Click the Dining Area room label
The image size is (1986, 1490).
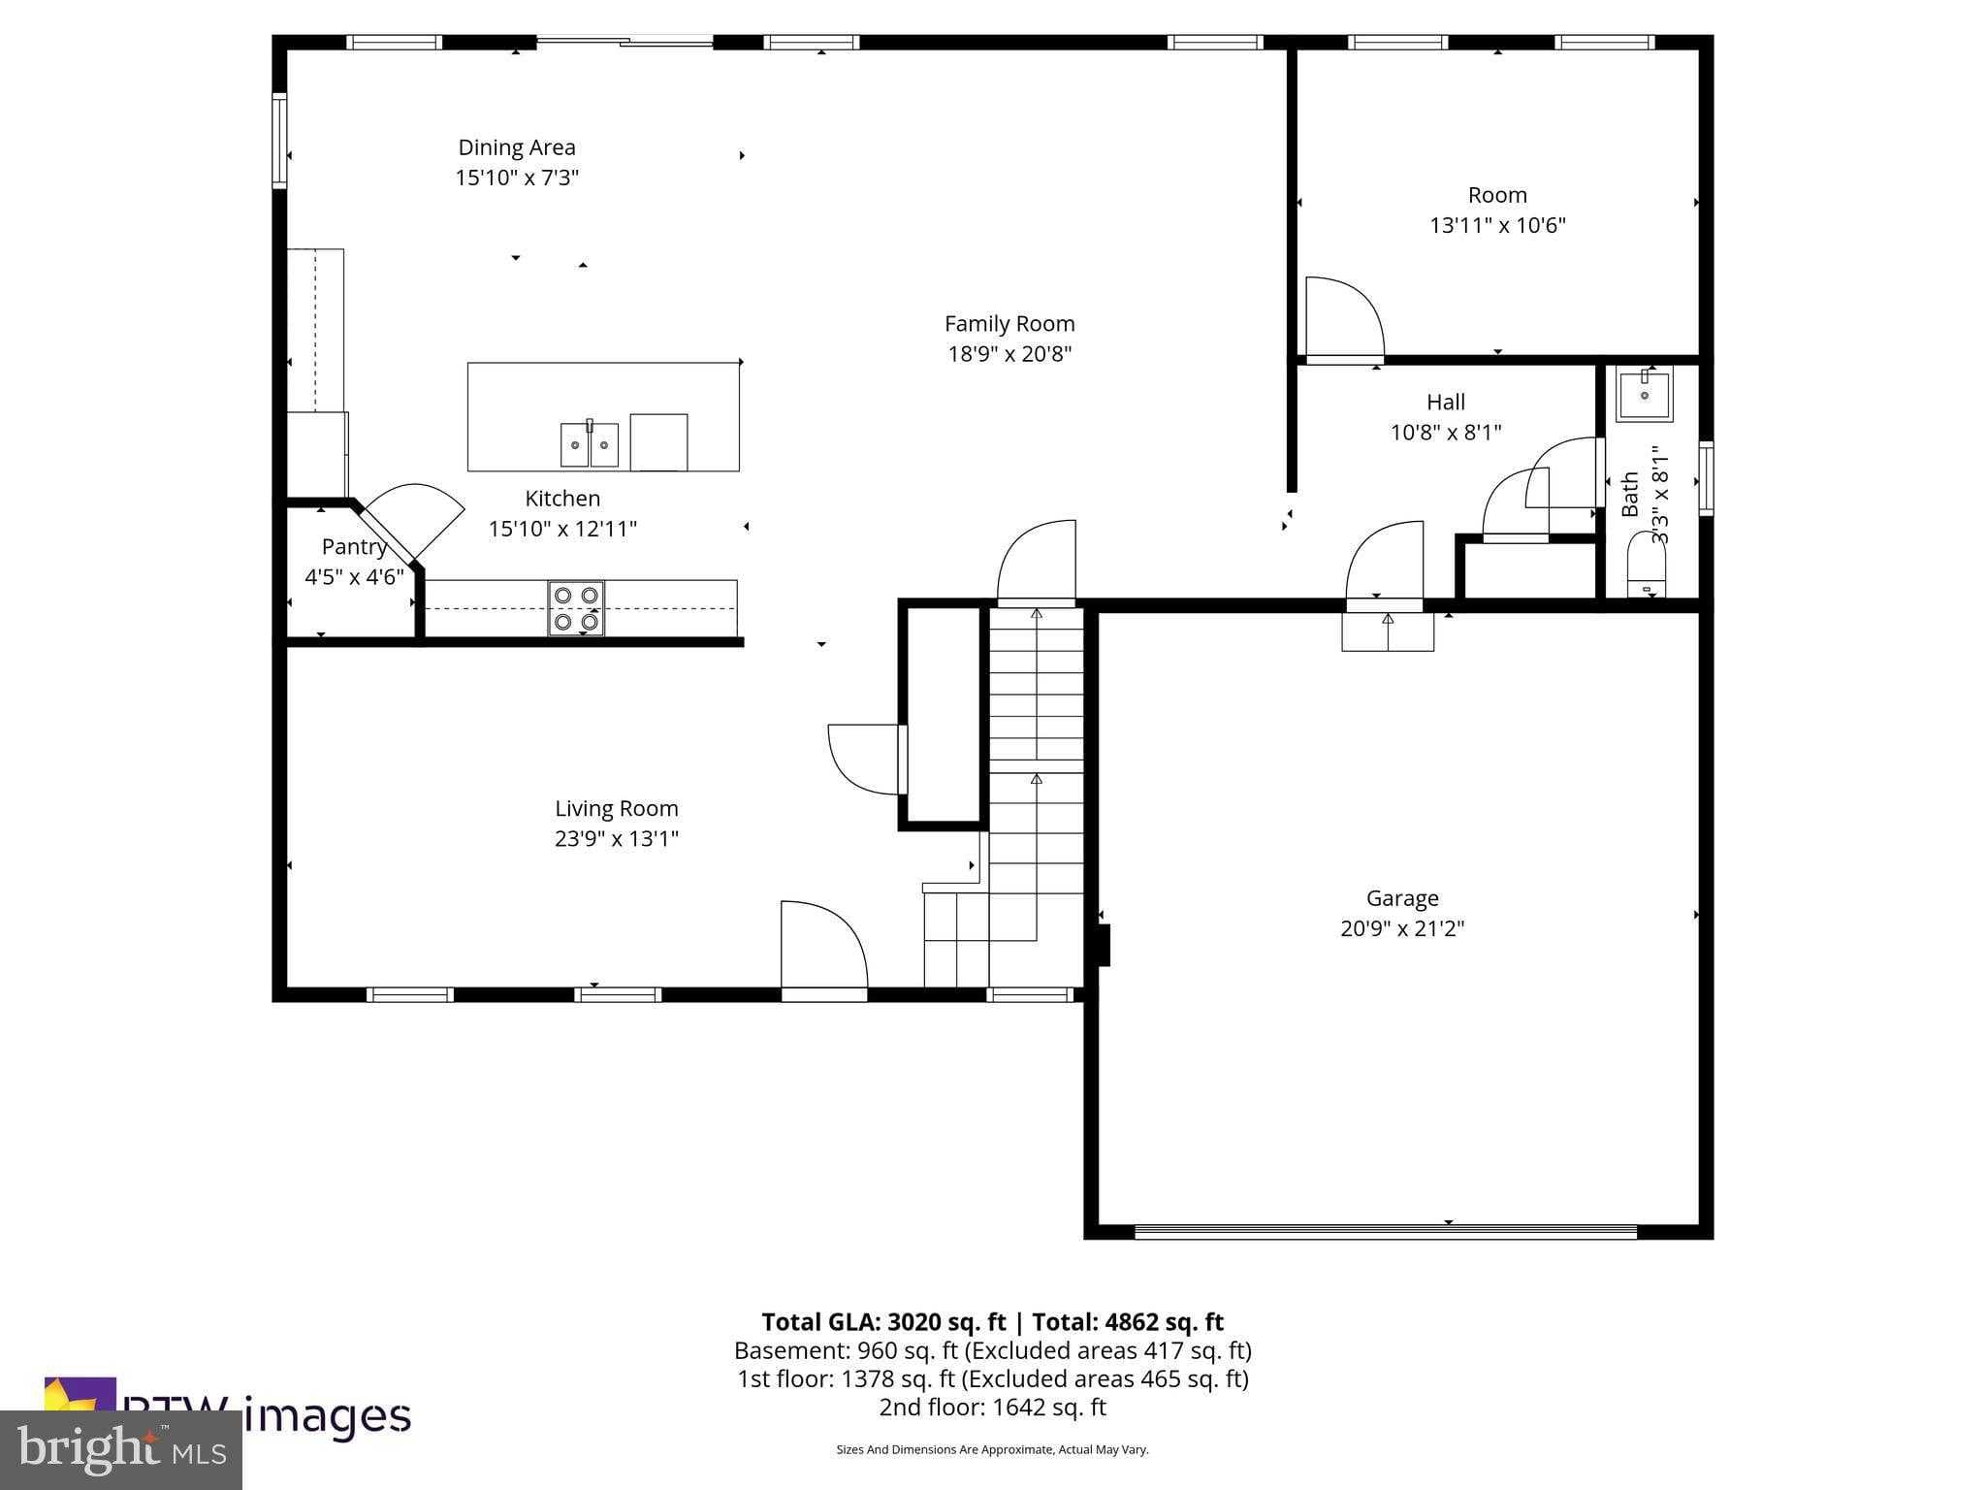click(516, 147)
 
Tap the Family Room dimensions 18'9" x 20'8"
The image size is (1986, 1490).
click(1009, 354)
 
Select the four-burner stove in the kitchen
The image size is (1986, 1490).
click(576, 608)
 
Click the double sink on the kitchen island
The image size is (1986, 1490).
click(589, 444)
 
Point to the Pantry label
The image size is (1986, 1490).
click(353, 547)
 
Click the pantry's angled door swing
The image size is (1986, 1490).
click(415, 518)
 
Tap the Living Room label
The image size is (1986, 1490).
click(616, 808)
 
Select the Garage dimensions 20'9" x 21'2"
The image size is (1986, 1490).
click(1401, 928)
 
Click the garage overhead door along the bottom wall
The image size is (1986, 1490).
click(1385, 1232)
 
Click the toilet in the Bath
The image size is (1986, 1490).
click(1645, 567)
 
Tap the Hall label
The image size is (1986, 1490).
click(1445, 402)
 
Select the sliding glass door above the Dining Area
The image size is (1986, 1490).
click(625, 42)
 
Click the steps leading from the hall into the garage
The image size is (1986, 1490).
click(1387, 632)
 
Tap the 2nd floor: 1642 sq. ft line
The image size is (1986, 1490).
click(992, 1407)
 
